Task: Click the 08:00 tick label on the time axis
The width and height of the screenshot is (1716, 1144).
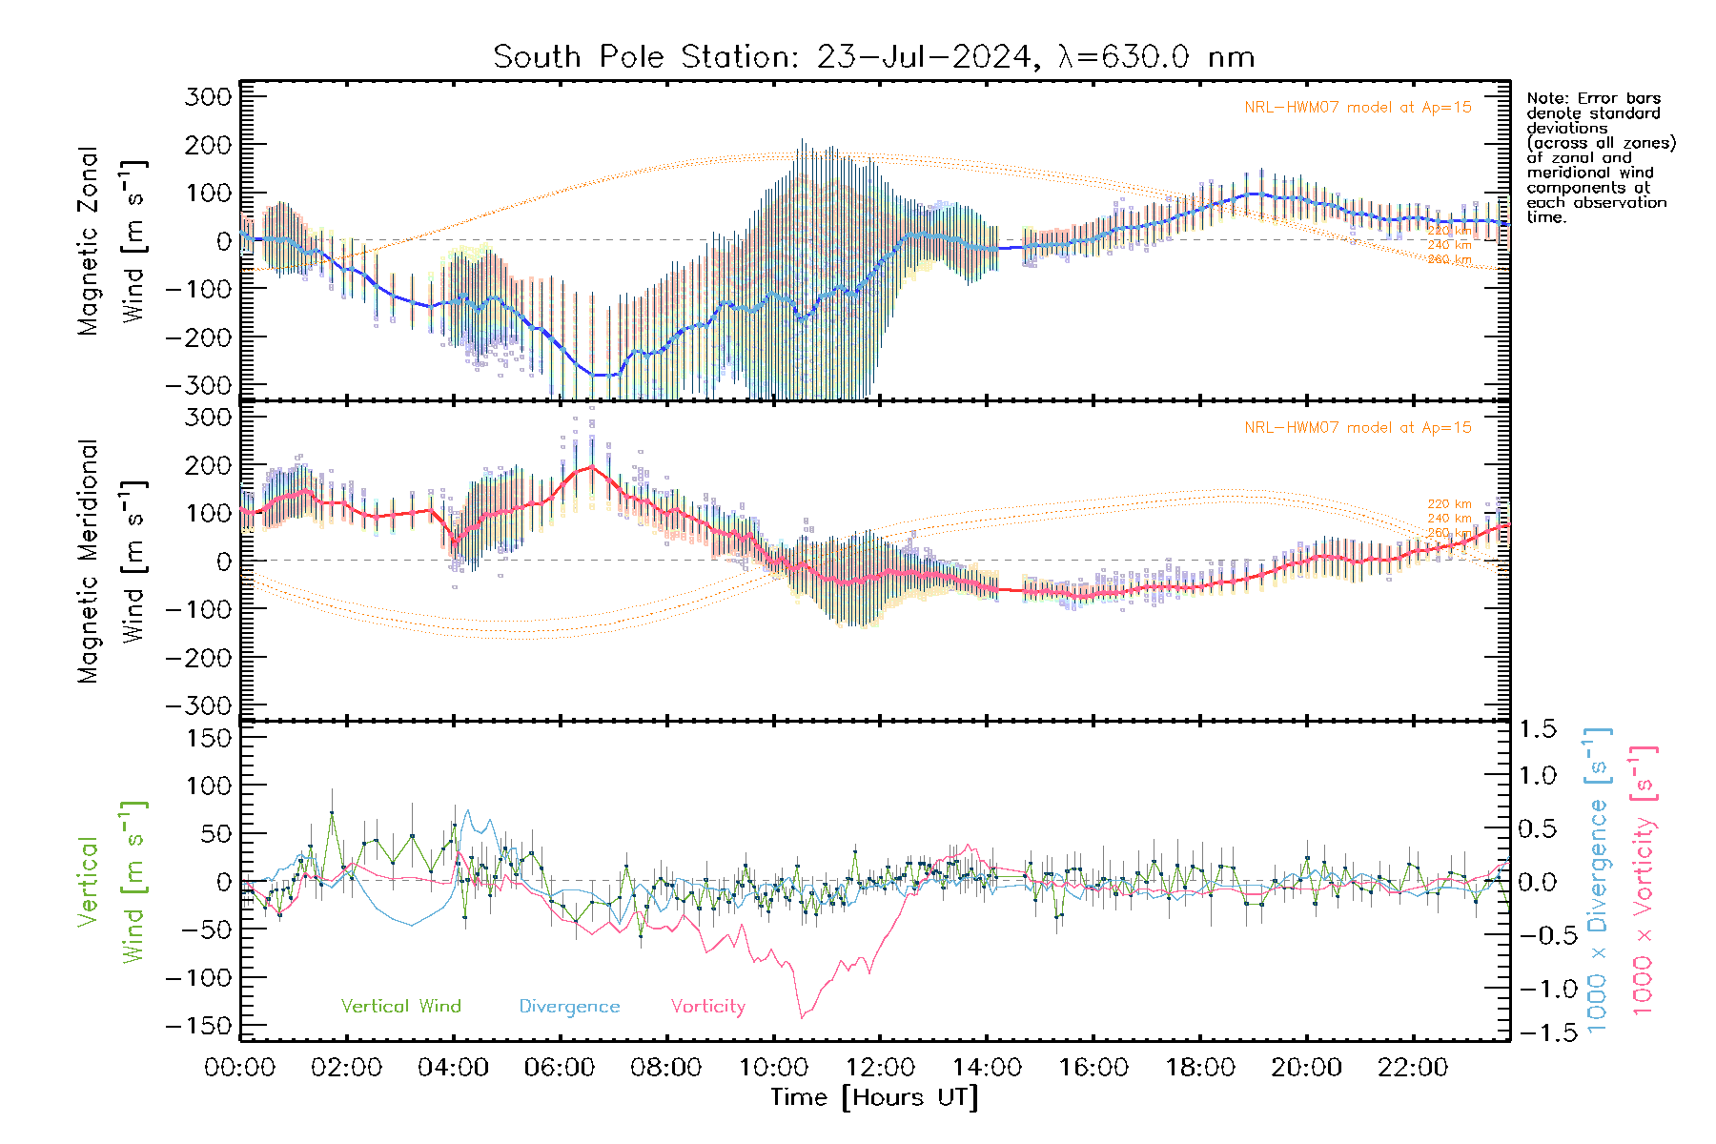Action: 665,1068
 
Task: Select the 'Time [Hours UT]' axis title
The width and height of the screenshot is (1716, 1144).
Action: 874,1097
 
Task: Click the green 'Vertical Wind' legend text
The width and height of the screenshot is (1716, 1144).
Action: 400,1006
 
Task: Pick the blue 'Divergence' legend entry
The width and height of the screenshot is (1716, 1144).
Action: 569,1007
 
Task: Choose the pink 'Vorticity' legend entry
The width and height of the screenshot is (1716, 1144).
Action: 707,1006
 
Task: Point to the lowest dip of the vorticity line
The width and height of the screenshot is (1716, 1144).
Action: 802,1017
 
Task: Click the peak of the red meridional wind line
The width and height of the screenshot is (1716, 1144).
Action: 592,466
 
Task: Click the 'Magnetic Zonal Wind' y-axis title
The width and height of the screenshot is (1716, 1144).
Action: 112,240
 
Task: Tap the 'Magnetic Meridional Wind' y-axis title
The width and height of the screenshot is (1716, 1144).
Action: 112,561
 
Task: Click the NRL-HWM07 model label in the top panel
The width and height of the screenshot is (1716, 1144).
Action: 1358,108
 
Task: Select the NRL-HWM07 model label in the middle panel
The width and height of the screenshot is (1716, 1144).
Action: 1358,428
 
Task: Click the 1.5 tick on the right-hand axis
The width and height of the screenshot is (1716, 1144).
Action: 1537,729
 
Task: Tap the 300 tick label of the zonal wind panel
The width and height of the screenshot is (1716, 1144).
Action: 208,96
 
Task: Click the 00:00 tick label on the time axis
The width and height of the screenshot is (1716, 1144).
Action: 239,1068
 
